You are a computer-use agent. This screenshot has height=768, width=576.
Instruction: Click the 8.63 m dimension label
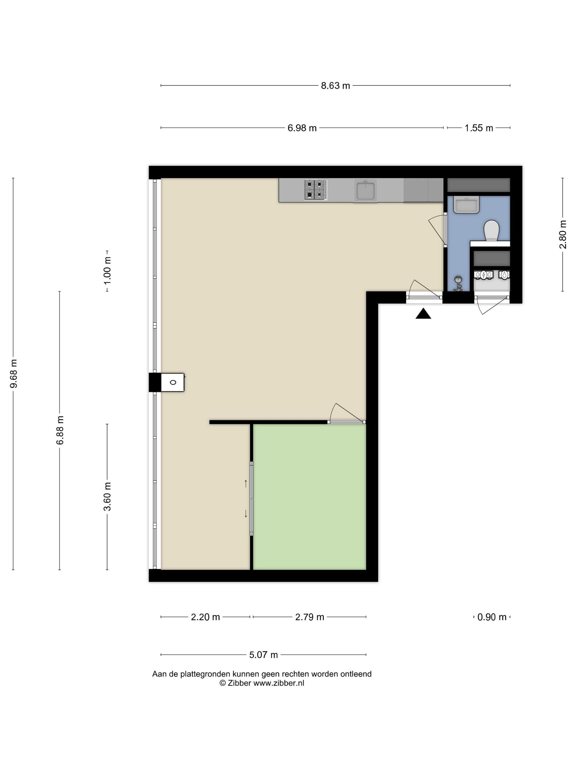pos(335,86)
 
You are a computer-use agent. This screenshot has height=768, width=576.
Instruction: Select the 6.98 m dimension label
pos(302,128)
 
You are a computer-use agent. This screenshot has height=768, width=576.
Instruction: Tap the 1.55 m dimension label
pos(479,128)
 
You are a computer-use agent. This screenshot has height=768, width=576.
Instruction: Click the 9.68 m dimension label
pos(13,374)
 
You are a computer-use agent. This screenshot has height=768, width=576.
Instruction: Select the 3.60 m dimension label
pos(108,496)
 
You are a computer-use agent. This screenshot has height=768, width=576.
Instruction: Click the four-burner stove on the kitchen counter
pos(316,190)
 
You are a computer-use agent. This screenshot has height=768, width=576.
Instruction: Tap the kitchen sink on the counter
pos(365,191)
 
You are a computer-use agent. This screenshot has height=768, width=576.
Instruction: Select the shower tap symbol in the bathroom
pos(459,284)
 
